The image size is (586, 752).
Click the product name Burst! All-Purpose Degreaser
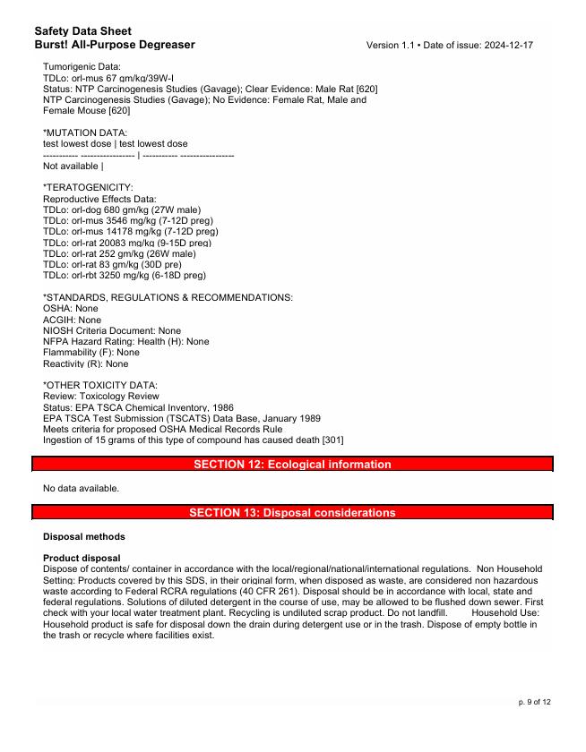pos(115,45)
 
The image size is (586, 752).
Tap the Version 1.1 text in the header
pos(391,45)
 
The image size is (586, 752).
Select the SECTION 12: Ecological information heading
pos(292,465)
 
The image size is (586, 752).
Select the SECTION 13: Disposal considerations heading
pos(292,513)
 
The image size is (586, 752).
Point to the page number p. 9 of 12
pos(535,701)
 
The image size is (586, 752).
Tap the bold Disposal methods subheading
pos(84,537)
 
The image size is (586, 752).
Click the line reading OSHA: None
pos(71,308)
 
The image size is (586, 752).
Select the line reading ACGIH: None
pos(73,320)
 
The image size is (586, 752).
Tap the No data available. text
pos(81,488)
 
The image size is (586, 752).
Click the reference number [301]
pos(331,440)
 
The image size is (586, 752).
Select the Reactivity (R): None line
pos(86,364)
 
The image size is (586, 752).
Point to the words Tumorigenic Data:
pos(82,66)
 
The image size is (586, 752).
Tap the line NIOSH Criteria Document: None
pos(112,330)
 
